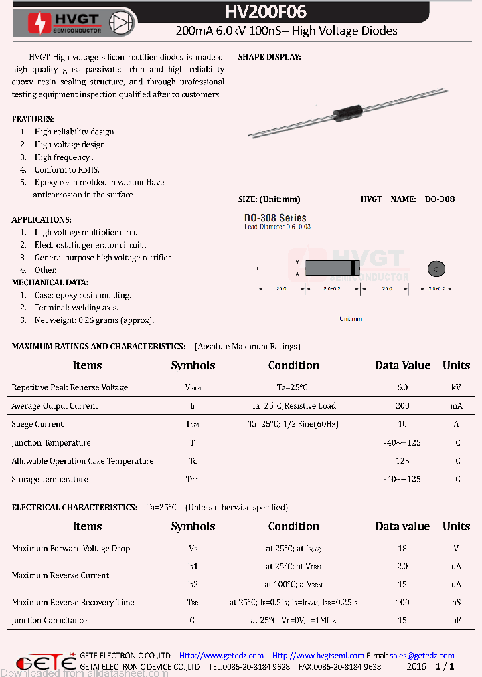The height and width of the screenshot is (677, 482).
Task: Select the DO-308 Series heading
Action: click(275, 218)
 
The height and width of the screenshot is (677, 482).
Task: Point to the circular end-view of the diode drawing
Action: click(436, 269)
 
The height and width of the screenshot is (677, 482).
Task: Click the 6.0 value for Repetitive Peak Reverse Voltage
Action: click(402, 387)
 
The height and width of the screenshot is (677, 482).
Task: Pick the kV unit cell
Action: click(456, 387)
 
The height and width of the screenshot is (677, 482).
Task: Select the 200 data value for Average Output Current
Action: click(402, 406)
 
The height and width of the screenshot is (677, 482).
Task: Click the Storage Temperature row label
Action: click(50, 479)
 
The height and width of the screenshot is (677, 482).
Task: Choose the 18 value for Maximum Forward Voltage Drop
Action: click(402, 549)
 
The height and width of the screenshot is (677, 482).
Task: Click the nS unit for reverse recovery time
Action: click(456, 602)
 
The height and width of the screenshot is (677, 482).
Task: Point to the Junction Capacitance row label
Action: click(49, 621)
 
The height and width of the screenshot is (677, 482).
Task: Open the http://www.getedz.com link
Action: click(222, 656)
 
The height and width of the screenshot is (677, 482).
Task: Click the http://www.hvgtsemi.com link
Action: click(318, 656)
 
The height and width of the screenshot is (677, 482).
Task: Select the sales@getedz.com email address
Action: click(422, 656)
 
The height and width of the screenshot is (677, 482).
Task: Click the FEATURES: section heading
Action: click(33, 119)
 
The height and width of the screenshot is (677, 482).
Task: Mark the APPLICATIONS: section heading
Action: click(42, 220)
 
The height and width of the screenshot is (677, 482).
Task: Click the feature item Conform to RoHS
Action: click(67, 170)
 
